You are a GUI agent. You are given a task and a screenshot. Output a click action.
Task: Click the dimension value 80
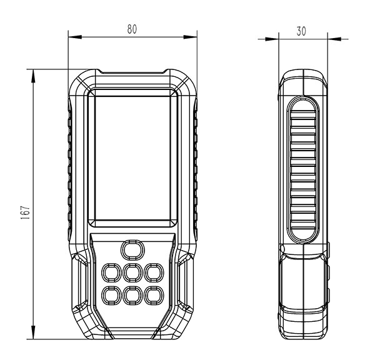point(132,29)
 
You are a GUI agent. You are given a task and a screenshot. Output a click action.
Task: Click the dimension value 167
point(25,212)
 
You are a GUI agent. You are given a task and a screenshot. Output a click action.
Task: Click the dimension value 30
point(301,31)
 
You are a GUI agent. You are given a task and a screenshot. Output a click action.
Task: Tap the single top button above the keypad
point(132,250)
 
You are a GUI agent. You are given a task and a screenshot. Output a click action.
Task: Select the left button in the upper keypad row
point(111,272)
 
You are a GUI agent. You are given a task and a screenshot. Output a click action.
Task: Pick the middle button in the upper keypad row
point(132,272)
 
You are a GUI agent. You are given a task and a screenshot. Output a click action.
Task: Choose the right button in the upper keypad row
point(154,272)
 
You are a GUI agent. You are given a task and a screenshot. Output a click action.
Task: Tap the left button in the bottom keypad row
point(111,296)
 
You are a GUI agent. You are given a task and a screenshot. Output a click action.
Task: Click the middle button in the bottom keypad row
point(132,296)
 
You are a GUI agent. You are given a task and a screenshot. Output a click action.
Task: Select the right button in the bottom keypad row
point(154,296)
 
